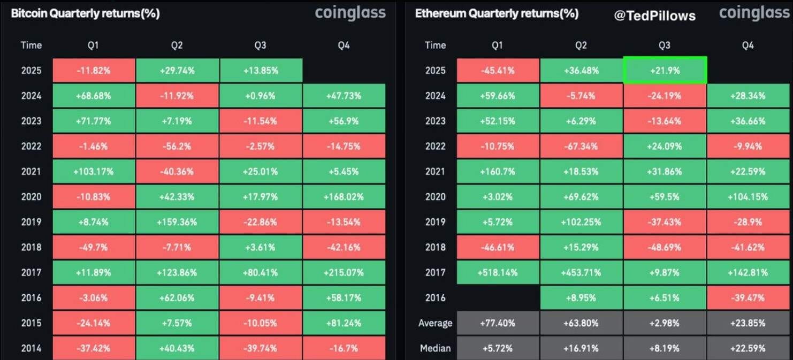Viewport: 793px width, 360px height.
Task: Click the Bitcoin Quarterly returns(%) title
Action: click(85, 13)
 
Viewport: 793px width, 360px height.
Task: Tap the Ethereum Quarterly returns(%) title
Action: click(496, 13)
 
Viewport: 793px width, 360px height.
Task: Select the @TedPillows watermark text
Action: click(654, 16)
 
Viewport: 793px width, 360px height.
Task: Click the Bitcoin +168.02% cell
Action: click(344, 197)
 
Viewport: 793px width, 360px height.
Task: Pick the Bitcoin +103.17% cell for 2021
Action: click(93, 172)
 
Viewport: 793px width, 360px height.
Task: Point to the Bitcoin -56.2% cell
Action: click(177, 146)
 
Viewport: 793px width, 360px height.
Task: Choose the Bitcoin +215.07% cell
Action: click(344, 273)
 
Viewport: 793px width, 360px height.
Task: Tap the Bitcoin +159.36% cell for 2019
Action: click(177, 222)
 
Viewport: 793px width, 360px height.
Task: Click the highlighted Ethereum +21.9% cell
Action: click(664, 70)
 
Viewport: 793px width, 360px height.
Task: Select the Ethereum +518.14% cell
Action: click(497, 273)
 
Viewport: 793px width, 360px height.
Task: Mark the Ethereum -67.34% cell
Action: click(581, 146)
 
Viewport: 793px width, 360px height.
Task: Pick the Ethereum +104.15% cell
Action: click(748, 197)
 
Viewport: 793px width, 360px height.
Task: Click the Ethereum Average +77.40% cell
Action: click(497, 323)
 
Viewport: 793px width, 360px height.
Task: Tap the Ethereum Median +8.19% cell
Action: click(664, 348)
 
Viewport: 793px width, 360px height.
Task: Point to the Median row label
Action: click(435, 348)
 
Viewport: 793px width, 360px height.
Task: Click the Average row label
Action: click(435, 323)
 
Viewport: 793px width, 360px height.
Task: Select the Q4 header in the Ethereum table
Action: click(748, 45)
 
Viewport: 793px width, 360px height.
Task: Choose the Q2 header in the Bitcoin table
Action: click(177, 45)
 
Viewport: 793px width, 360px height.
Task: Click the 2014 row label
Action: click(31, 348)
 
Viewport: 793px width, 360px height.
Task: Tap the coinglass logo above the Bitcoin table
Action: click(350, 13)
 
